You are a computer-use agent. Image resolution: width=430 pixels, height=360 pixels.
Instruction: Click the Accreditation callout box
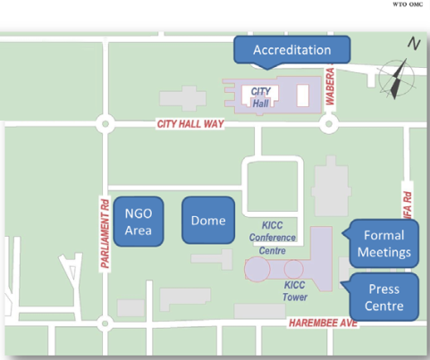tap(292, 50)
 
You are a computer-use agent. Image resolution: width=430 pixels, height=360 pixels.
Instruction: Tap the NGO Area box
tap(139, 222)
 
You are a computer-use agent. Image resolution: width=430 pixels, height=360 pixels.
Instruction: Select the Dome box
tap(208, 221)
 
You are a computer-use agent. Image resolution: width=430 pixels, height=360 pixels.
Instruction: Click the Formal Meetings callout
tap(384, 244)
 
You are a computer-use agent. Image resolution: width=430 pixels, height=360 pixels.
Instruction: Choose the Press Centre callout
tap(384, 297)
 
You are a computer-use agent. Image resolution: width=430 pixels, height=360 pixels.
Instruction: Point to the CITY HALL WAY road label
tap(190, 124)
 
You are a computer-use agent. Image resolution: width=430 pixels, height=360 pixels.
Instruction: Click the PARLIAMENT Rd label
tap(105, 234)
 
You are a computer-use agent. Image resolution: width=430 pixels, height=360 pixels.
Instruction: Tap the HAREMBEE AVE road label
tap(324, 323)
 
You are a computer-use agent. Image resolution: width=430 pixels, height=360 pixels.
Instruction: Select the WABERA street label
tap(330, 87)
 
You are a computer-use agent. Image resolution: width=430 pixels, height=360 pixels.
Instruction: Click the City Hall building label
tap(261, 97)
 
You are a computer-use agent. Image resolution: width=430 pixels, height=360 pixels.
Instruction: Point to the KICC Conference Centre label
tap(273, 238)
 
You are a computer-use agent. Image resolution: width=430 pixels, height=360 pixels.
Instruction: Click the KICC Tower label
tap(295, 291)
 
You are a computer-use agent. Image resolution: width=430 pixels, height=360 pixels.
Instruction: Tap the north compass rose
tap(397, 79)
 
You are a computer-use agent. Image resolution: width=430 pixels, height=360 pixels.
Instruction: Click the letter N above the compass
tap(414, 44)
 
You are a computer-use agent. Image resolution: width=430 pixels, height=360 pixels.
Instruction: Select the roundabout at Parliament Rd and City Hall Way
tap(105, 124)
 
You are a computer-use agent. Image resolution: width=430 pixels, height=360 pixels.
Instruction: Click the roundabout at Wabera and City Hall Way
tap(329, 124)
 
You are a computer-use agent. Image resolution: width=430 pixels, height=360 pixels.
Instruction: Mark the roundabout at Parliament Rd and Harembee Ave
tap(105, 323)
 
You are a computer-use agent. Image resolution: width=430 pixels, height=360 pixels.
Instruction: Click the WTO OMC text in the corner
tap(408, 4)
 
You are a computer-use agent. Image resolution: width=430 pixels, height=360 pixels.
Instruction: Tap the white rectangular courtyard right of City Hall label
tap(303, 96)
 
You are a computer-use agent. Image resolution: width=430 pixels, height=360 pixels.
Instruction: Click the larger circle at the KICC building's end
tap(257, 269)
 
